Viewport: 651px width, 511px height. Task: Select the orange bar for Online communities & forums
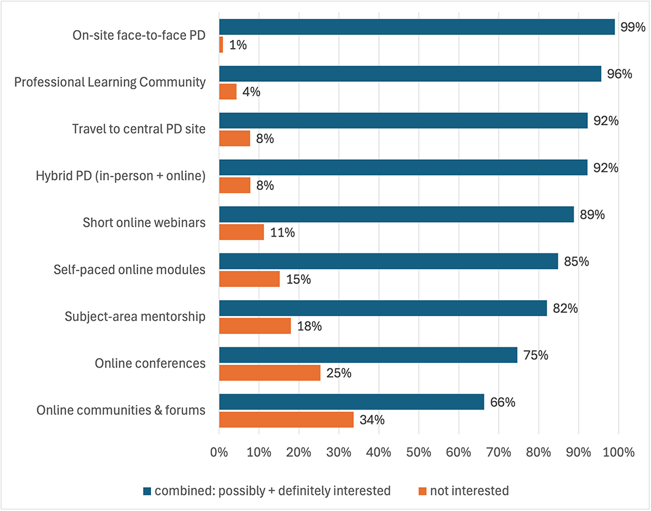(286, 419)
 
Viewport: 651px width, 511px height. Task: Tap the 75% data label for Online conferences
(536, 355)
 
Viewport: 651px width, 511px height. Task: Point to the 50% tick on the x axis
(418, 453)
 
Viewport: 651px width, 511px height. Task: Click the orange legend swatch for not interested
(421, 491)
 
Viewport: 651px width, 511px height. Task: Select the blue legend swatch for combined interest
(146, 491)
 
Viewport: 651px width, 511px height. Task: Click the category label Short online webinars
(144, 223)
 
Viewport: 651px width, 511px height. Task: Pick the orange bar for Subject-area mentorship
(255, 326)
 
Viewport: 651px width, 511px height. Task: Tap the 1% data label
(237, 45)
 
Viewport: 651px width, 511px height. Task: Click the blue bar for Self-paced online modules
(388, 261)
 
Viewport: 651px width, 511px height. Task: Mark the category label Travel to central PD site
(138, 129)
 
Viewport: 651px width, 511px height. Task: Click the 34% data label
(372, 420)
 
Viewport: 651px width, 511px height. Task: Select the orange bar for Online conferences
(270, 373)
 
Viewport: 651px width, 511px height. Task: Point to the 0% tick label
(219, 453)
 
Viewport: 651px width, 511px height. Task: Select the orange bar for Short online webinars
(241, 232)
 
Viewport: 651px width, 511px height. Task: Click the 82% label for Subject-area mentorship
(565, 308)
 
